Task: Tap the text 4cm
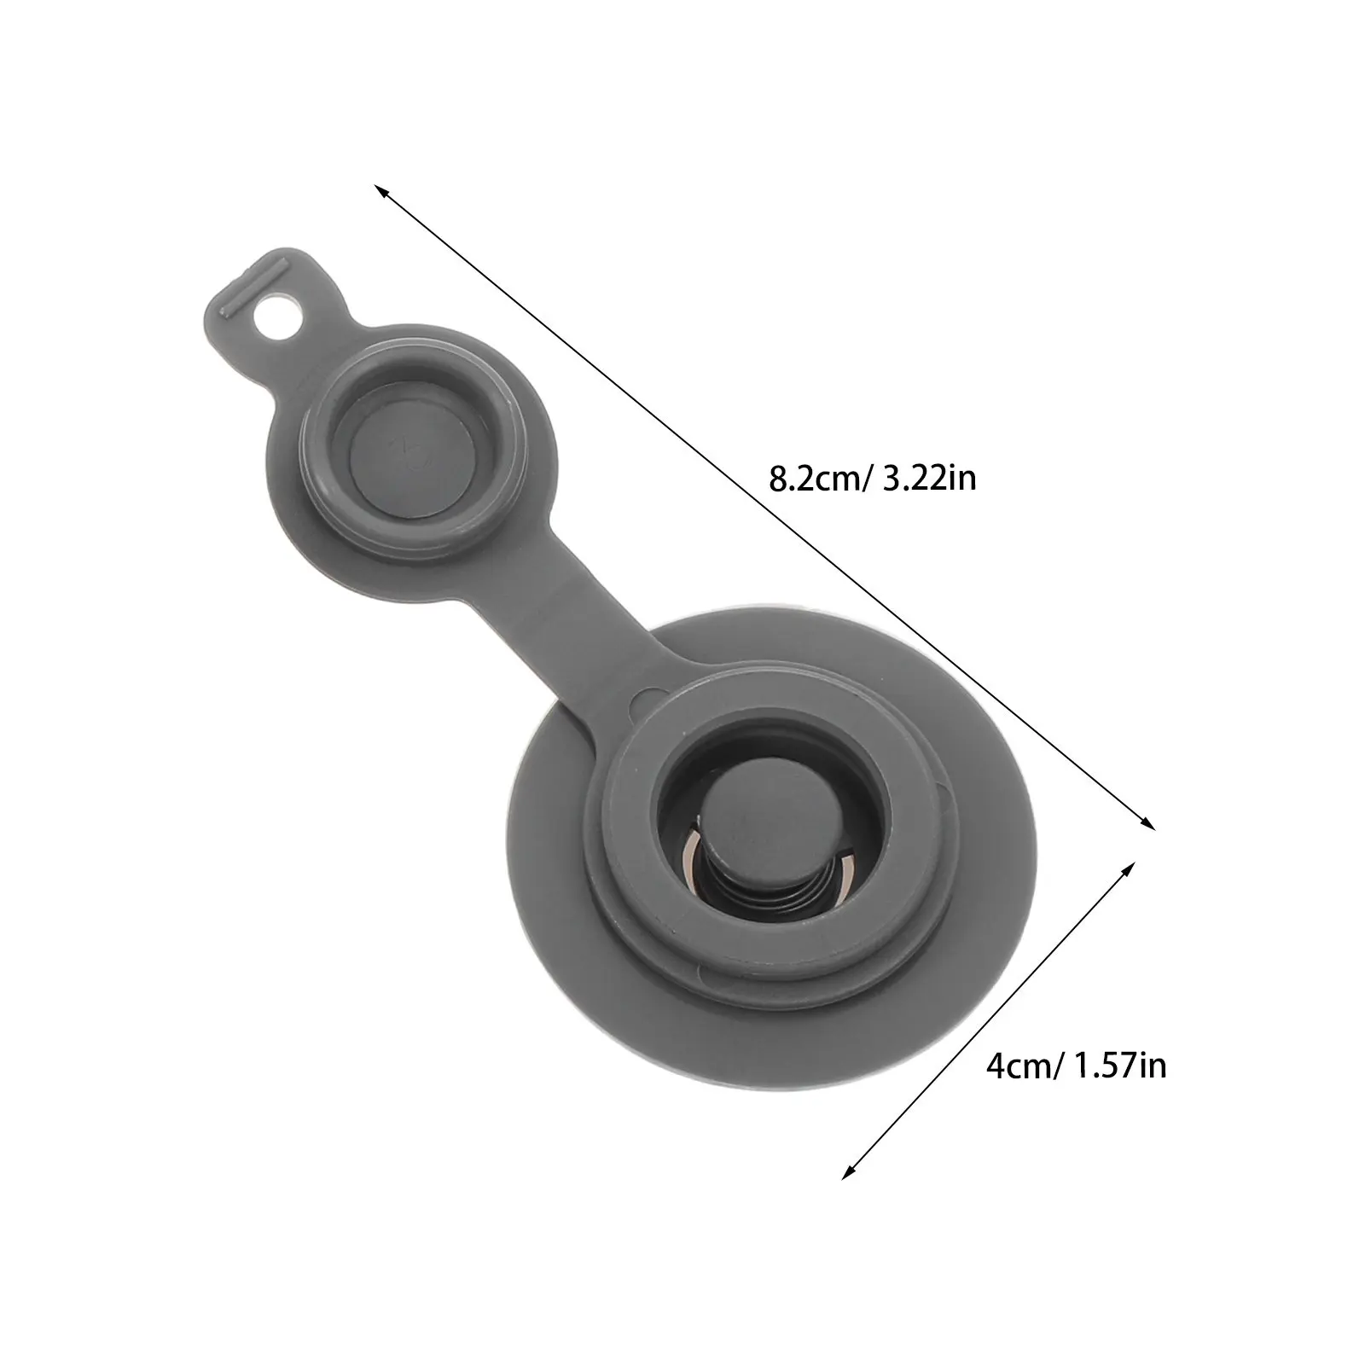1015,1067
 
